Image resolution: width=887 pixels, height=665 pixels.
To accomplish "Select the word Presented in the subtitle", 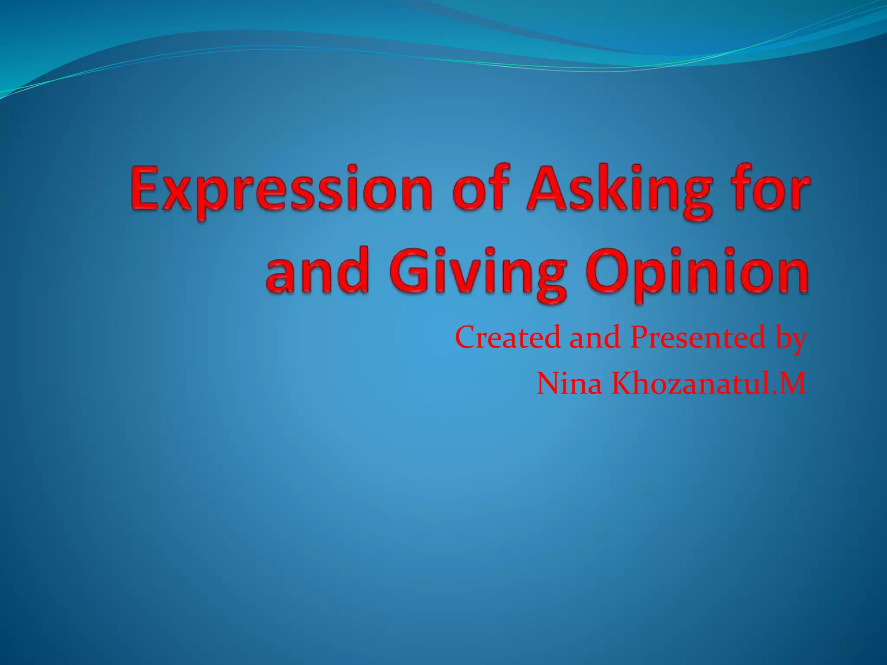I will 698,337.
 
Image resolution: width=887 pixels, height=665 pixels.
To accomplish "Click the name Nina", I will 569,383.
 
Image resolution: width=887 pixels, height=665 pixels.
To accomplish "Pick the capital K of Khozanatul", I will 624,383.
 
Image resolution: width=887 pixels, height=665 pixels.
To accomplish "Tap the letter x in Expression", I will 182,193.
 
